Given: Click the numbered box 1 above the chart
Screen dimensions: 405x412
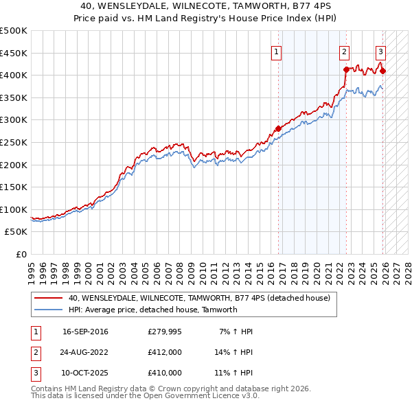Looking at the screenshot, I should (276, 51).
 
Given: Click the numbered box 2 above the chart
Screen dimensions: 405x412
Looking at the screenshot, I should (343, 51).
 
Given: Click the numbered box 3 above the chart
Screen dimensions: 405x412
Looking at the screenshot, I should (380, 51).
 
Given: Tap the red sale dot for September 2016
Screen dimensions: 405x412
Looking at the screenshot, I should (279, 128).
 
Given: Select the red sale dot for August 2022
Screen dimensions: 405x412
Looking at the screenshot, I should (346, 69).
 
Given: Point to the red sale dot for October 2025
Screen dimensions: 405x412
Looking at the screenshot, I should (382, 71).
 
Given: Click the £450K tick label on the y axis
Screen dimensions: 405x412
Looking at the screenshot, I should (14, 53).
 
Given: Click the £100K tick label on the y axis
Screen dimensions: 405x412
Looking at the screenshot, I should (14, 209).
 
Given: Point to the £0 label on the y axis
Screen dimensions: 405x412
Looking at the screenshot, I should (22, 254).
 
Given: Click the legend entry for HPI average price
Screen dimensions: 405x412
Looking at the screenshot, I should (152, 310).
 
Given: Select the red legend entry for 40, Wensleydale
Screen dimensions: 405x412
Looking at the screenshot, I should (199, 298).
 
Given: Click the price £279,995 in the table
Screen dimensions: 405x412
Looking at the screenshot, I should (165, 332).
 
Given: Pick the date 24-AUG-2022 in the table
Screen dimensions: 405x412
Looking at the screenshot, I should (85, 352).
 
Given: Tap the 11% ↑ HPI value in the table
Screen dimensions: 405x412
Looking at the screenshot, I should (234, 373).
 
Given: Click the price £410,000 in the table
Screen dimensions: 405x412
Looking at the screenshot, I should (165, 373).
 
